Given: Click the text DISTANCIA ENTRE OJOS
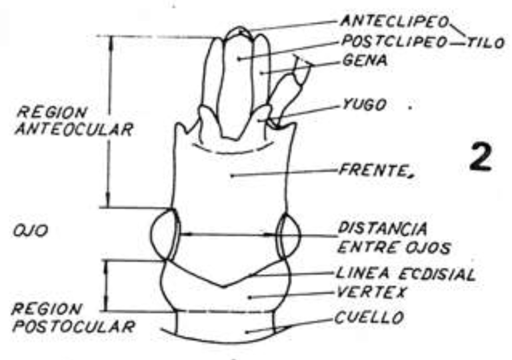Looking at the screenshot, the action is click(381, 238).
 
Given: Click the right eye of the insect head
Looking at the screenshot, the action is click(289, 236).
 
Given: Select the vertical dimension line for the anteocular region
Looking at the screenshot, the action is click(111, 120).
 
